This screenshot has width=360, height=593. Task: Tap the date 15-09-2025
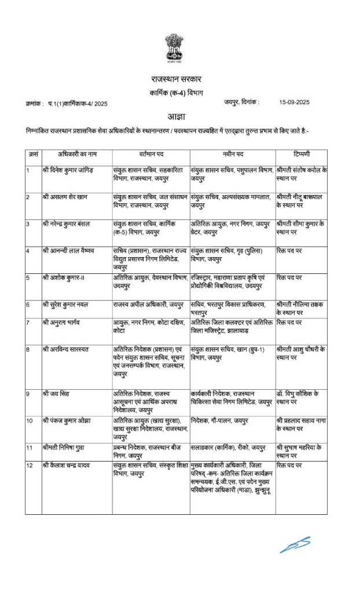click(295, 102)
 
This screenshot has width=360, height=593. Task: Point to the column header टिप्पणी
click(300, 155)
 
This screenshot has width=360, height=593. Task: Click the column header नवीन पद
click(232, 155)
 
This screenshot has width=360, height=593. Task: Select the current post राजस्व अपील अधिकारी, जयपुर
click(148, 304)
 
